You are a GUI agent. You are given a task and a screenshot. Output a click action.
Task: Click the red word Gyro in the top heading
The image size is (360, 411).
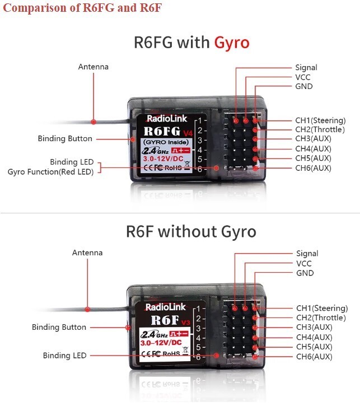pyautogui.click(x=231, y=43)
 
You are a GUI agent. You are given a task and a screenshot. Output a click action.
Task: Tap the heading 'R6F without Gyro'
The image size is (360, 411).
pyautogui.click(x=191, y=231)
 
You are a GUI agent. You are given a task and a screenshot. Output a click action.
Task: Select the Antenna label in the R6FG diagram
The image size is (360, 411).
pyautogui.click(x=93, y=67)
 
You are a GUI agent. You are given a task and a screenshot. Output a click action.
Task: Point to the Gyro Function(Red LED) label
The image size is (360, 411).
pyautogui.click(x=50, y=171)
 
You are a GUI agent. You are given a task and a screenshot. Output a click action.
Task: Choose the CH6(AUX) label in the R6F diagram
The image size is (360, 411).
pyautogui.click(x=314, y=356)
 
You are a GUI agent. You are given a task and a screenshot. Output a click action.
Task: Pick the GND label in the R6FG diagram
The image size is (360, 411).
pyautogui.click(x=304, y=86)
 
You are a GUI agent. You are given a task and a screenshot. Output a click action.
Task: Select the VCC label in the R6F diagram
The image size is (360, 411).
pyautogui.click(x=305, y=263)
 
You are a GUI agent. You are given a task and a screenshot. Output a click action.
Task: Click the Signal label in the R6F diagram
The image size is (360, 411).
pyautogui.click(x=307, y=254)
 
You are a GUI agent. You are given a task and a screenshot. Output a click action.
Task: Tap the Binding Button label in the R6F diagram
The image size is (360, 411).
pyautogui.click(x=59, y=327)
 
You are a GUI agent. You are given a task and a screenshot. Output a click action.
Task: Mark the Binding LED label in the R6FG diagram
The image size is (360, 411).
pyautogui.click(x=71, y=162)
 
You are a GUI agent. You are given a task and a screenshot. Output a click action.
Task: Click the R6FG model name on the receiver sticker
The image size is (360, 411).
pyautogui.click(x=162, y=131)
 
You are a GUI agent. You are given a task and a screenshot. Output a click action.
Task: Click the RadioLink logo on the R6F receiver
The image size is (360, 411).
pyautogui.click(x=162, y=307)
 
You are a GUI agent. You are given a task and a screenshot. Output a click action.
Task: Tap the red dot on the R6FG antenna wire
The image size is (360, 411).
pyautogui.click(x=95, y=121)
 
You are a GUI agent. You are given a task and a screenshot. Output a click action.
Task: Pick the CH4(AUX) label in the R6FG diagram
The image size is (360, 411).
pyautogui.click(x=314, y=148)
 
